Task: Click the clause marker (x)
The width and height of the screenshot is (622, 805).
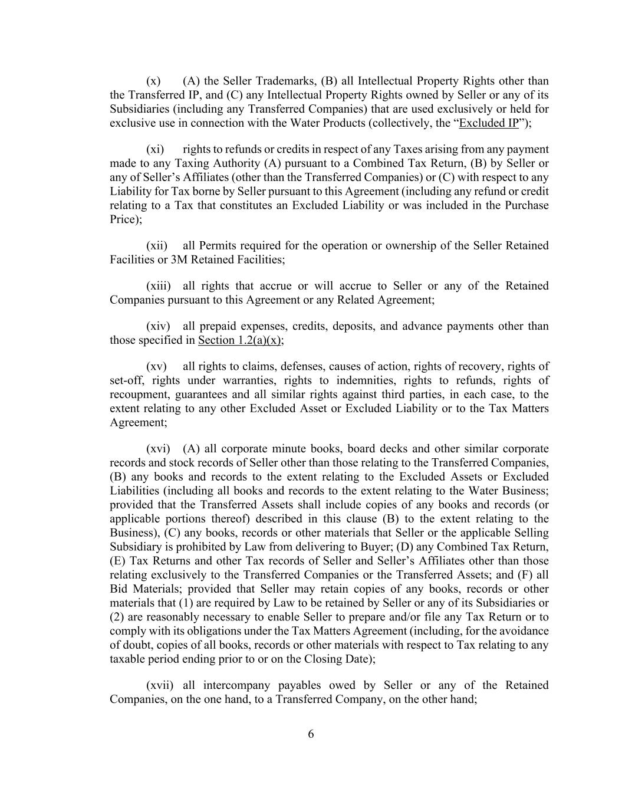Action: [153, 81]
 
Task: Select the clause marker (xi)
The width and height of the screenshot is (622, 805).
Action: [154, 149]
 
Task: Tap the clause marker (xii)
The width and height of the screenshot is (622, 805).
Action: [156, 245]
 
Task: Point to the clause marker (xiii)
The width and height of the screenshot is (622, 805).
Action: [158, 286]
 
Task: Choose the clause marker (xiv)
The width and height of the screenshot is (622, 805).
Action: [158, 326]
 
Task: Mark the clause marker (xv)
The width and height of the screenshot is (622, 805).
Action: [156, 366]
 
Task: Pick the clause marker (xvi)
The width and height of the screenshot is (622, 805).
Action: [158, 449]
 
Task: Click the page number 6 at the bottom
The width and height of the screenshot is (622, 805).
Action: [311, 734]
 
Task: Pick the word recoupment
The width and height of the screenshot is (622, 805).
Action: [139, 395]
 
